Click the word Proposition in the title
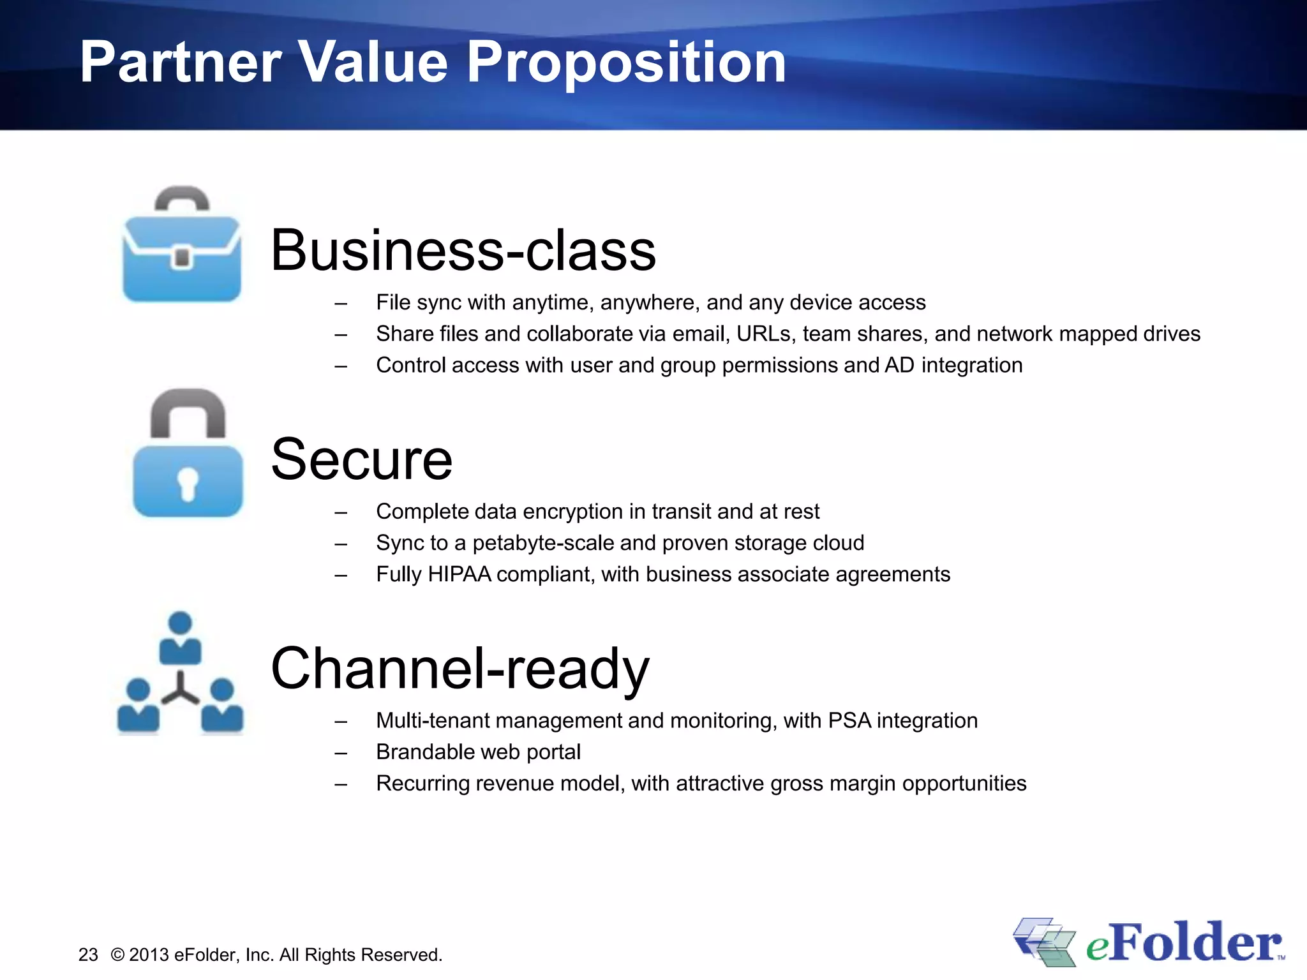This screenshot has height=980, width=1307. tap(626, 63)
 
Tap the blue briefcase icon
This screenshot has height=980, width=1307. tap(182, 246)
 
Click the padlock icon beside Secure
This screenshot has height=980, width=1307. tap(188, 454)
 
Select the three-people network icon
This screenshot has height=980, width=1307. tap(181, 673)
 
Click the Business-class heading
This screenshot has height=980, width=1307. tap(463, 250)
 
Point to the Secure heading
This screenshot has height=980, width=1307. tap(361, 459)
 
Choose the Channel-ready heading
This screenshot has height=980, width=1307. tap(459, 669)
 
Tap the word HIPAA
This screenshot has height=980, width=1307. tap(459, 574)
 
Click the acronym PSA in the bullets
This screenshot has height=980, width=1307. tap(849, 720)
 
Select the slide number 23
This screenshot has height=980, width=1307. tap(88, 955)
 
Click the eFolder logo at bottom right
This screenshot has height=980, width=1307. tap(1149, 942)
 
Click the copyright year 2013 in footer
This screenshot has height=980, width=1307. tap(149, 955)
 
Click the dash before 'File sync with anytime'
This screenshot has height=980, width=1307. tap(341, 304)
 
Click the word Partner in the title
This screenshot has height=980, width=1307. tap(181, 63)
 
